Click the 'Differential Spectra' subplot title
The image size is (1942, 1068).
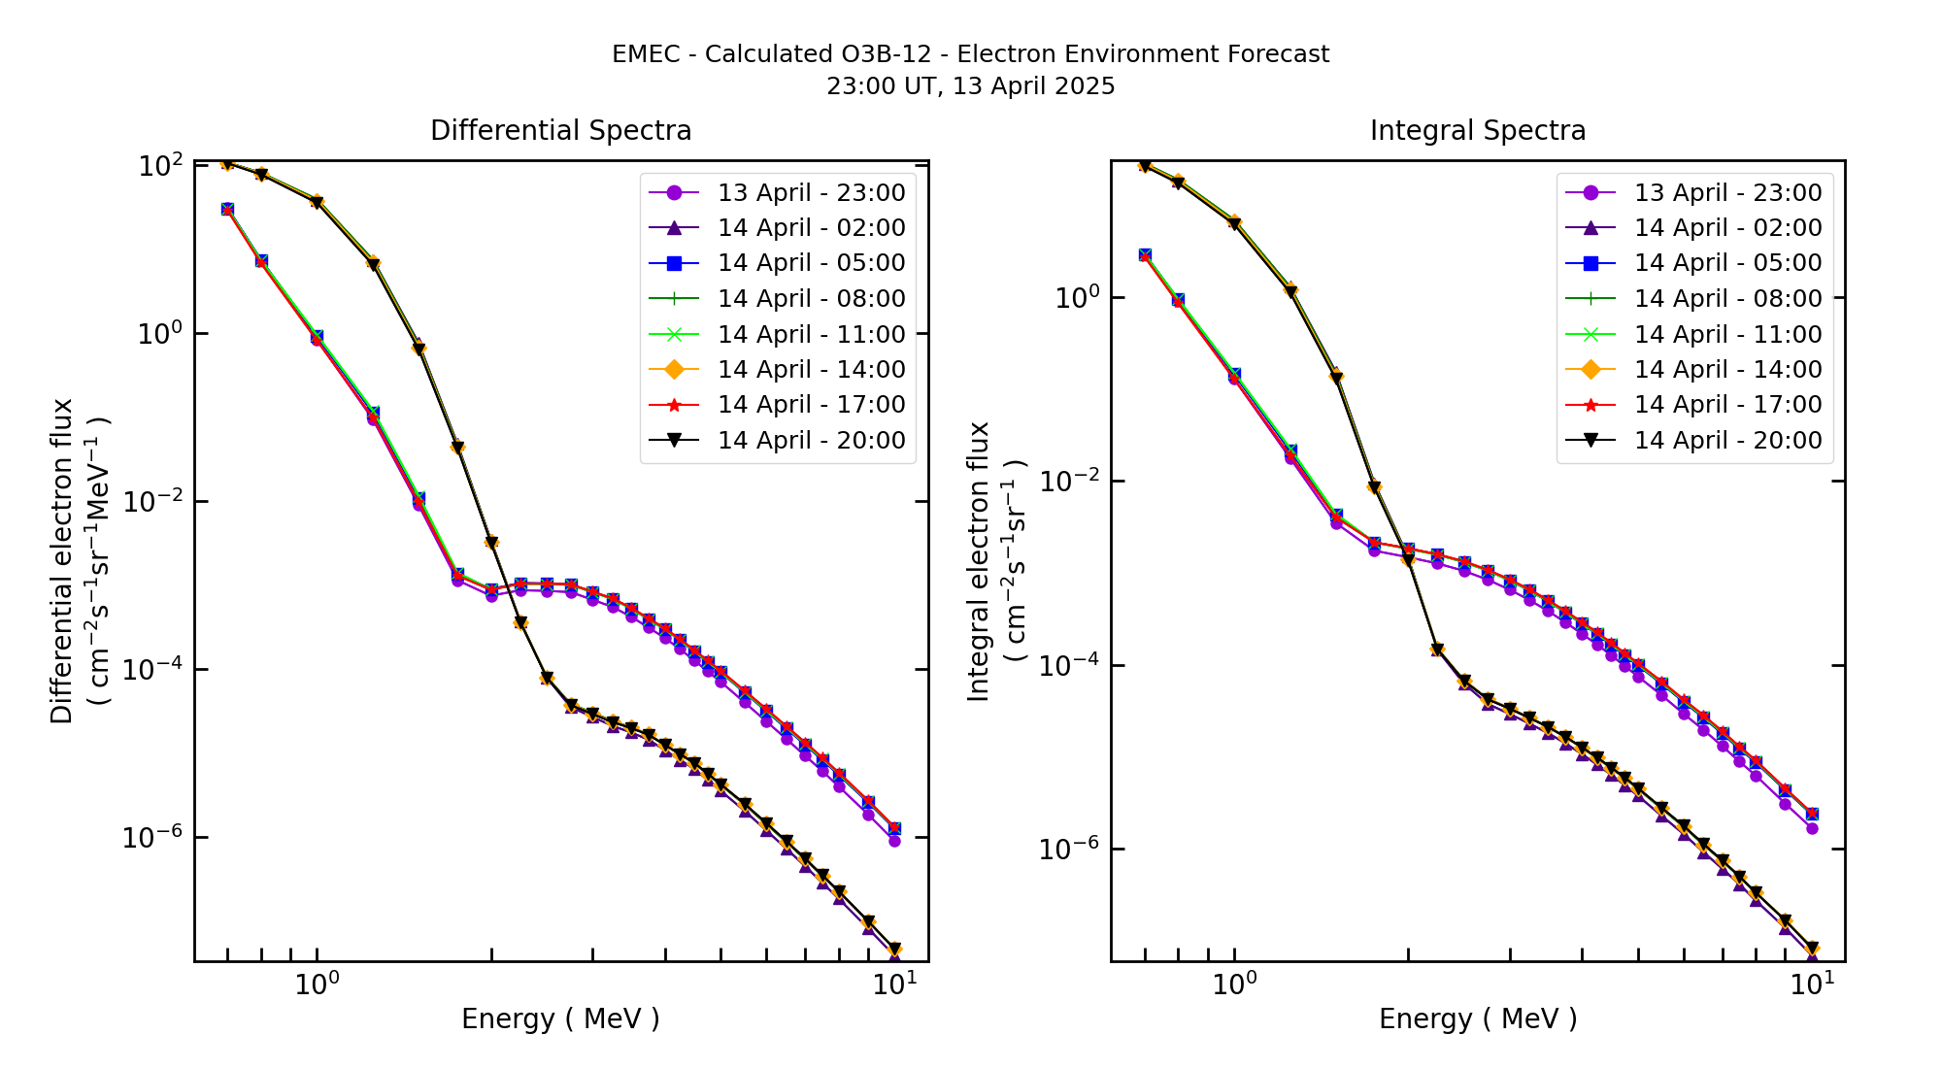click(560, 130)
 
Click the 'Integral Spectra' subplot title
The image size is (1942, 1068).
click(1477, 130)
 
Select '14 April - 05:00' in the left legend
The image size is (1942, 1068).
click(811, 263)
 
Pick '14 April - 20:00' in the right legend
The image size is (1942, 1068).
click(1727, 441)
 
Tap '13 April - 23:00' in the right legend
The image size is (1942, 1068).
click(1727, 192)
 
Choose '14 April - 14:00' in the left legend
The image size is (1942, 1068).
click(811, 370)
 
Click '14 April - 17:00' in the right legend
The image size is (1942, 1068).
click(1727, 405)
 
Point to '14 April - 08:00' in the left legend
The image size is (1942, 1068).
click(811, 299)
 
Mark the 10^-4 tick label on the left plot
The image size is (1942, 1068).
click(151, 670)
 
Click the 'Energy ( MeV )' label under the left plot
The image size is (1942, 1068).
click(560, 1018)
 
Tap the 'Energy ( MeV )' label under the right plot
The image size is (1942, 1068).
click(1477, 1018)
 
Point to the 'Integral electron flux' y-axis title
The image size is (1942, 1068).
click(979, 561)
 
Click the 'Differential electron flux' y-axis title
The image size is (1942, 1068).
click(62, 561)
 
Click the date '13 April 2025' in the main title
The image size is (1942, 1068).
click(1033, 86)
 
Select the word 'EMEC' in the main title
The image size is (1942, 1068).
click(646, 54)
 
